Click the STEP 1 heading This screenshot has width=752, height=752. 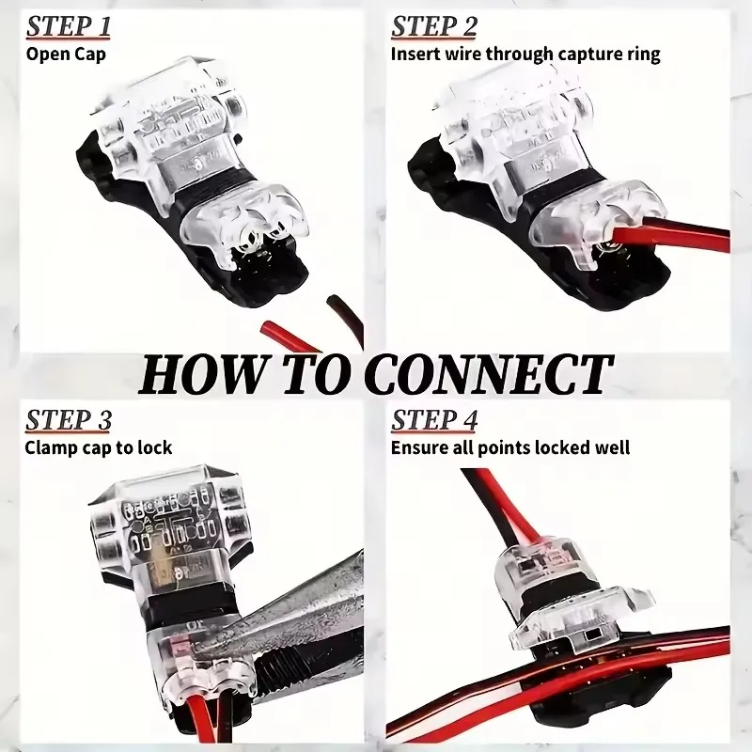(x=68, y=27)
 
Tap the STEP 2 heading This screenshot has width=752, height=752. (x=435, y=27)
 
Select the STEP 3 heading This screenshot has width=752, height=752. (x=69, y=420)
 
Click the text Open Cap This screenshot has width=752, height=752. (x=66, y=54)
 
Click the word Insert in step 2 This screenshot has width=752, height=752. (x=414, y=54)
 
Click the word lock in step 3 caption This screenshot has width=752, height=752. (x=154, y=447)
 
